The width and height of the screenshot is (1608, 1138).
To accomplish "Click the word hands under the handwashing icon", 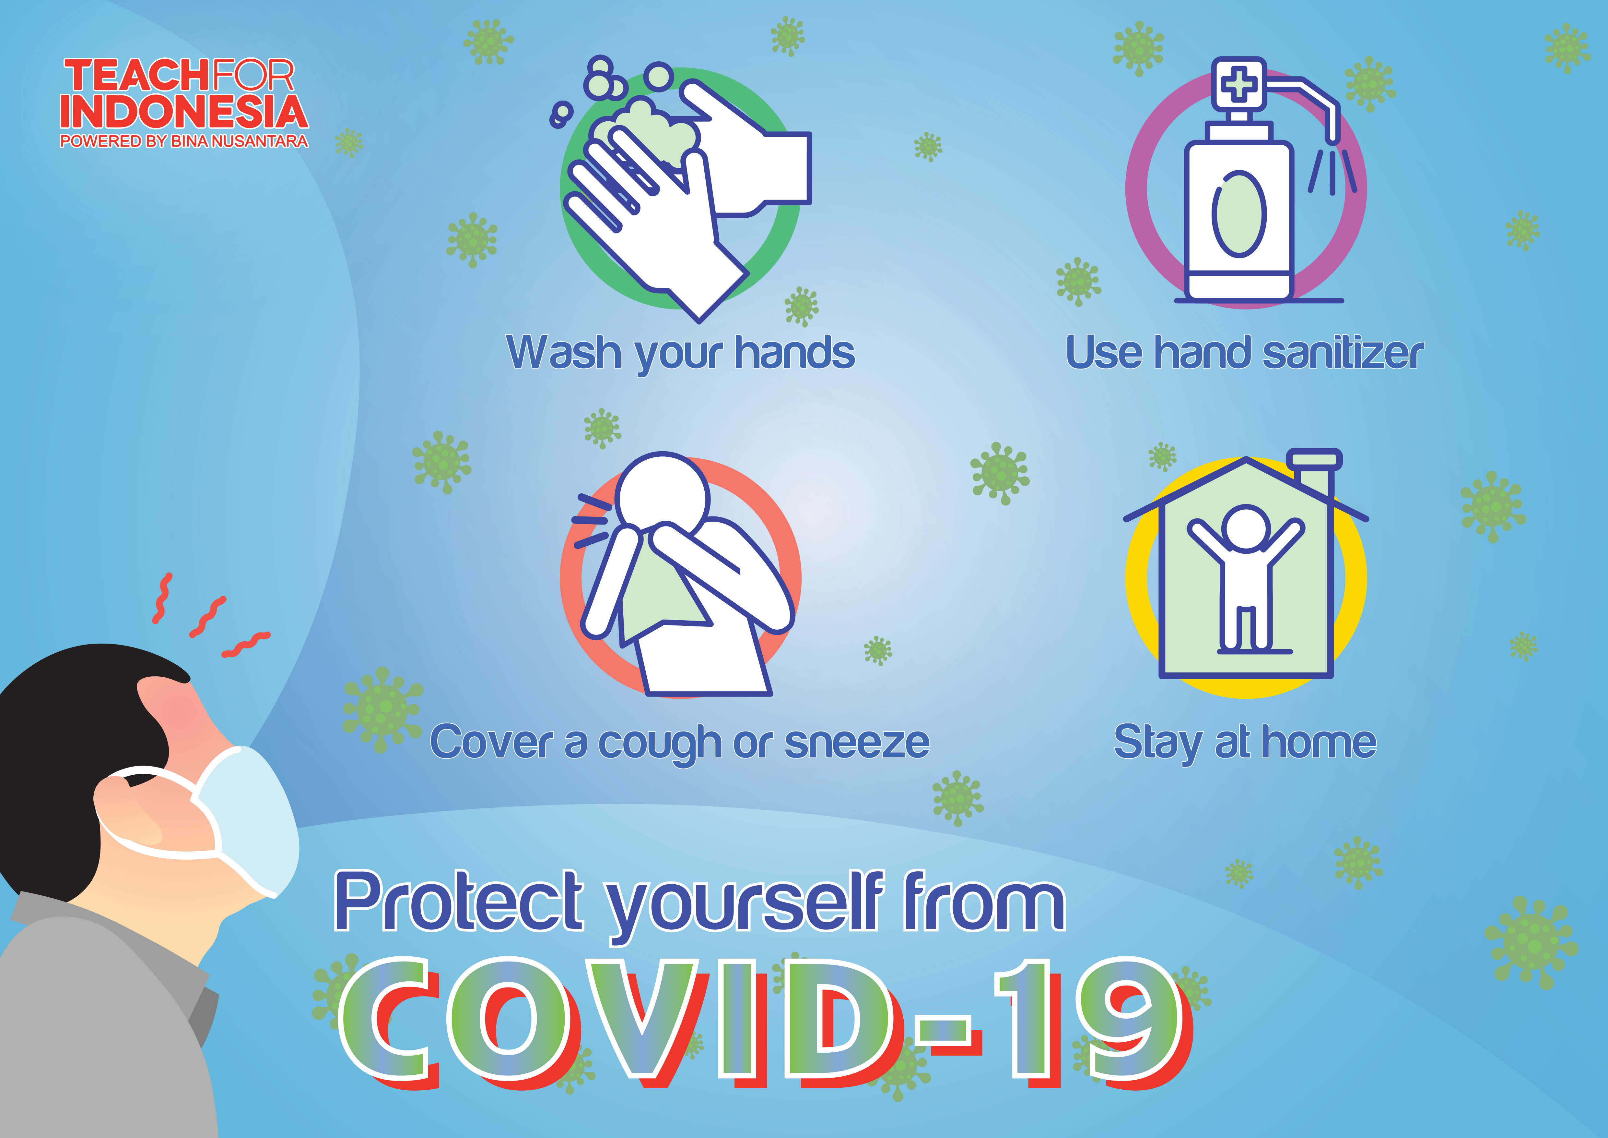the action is click(794, 353).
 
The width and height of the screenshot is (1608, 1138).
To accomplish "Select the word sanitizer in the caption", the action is click(1343, 353).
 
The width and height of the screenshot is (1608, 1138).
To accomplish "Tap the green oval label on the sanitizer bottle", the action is click(1239, 214).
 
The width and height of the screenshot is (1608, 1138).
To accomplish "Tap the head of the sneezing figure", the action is click(662, 498).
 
